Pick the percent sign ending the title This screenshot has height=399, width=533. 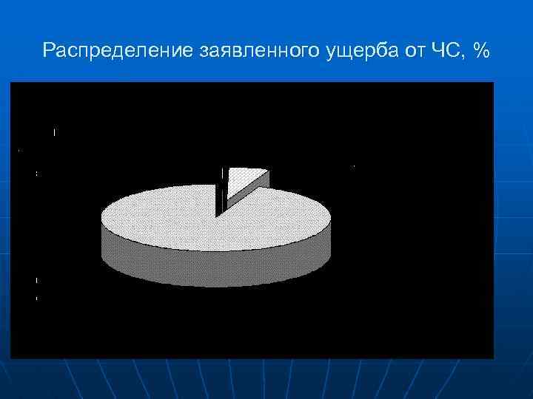tap(482, 51)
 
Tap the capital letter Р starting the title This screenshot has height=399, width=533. tap(48, 51)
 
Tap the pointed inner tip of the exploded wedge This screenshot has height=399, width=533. tap(229, 200)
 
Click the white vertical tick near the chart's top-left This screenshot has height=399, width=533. tap(54, 132)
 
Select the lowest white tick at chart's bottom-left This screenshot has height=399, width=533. tap(36, 298)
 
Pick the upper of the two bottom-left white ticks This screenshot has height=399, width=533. tap(36, 281)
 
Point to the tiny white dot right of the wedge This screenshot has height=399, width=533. tap(353, 167)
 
